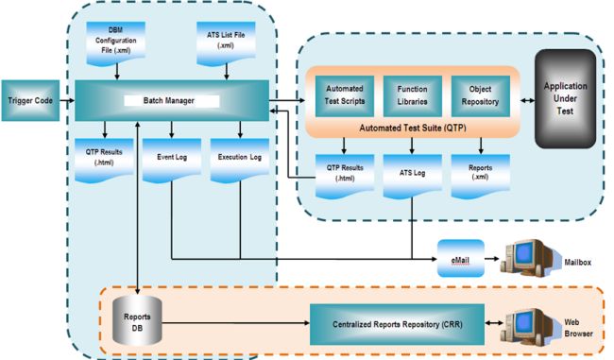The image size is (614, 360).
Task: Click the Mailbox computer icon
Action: (x=529, y=253)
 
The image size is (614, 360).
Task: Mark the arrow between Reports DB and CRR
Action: (x=231, y=323)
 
